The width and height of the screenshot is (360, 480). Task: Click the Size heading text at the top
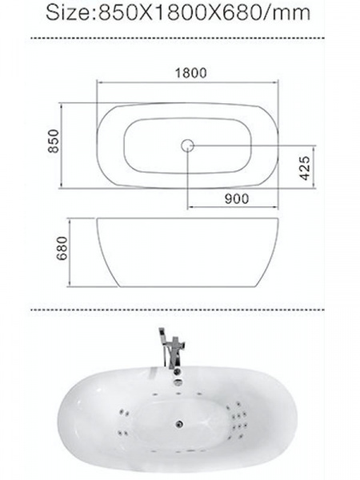pyautogui.click(x=178, y=13)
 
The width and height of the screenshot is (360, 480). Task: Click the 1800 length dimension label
pyautogui.click(x=190, y=73)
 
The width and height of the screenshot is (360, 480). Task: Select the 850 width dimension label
pyautogui.click(x=54, y=141)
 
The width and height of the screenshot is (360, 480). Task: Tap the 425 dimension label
pyautogui.click(x=305, y=168)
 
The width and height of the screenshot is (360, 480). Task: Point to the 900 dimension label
pyautogui.click(x=237, y=199)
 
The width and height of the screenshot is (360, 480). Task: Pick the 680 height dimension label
pyautogui.click(x=62, y=248)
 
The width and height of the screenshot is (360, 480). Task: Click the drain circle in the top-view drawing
pyautogui.click(x=187, y=146)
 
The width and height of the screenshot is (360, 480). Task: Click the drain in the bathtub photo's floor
pyautogui.click(x=179, y=424)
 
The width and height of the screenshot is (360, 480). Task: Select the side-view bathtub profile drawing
pyautogui.click(x=188, y=253)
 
